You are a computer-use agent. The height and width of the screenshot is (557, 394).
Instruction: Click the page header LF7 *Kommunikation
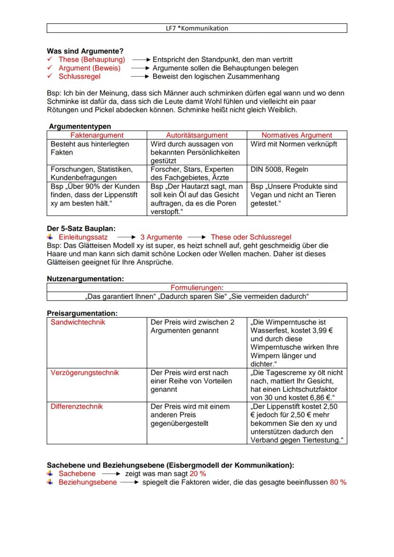(197, 28)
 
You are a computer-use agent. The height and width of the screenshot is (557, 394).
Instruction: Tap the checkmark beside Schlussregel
(49, 77)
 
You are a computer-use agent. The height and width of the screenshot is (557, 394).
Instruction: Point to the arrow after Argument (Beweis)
(140, 68)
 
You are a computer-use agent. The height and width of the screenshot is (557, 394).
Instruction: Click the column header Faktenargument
(97, 135)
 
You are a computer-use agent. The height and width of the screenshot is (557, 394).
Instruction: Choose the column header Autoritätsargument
(197, 135)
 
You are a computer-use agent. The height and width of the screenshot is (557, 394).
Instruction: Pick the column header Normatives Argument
(297, 135)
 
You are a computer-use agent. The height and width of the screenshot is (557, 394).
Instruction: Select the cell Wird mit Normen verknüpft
(294, 144)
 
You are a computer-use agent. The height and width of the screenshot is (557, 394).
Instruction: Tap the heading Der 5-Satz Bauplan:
(80, 228)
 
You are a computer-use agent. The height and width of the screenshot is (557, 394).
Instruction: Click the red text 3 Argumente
(161, 237)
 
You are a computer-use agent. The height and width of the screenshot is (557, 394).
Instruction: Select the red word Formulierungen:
(197, 287)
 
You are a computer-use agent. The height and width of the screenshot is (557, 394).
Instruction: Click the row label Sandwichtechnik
(78, 322)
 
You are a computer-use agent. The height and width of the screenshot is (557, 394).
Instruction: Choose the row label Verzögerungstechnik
(85, 372)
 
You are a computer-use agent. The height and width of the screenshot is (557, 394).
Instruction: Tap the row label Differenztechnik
(77, 406)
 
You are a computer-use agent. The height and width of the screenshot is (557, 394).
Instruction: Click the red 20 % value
(198, 474)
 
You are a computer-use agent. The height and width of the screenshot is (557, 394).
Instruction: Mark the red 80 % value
(338, 482)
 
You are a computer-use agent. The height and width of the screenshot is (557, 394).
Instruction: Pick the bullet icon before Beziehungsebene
(49, 482)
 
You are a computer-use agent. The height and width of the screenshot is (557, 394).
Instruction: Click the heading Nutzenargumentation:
(85, 278)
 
